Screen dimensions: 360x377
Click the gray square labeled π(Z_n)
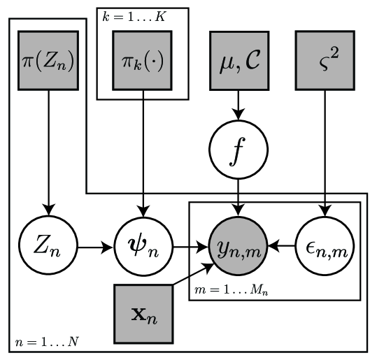pos(48,60)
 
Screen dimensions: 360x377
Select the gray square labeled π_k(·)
pos(143,60)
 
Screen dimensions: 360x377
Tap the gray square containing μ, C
pos(239,60)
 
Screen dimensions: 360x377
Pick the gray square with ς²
pos(324,60)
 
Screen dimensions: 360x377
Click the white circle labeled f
pos(239,151)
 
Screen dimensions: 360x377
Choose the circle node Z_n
pos(48,247)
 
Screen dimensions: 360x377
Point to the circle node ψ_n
pos(143,247)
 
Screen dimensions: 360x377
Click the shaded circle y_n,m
pos(239,247)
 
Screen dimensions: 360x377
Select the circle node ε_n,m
pos(324,247)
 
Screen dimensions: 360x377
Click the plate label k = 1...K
pos(131,15)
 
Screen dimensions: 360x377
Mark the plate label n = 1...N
pos(43,343)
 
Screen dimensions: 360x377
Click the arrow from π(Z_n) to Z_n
pos(48,154)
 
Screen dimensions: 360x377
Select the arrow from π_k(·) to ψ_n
pos(143,154)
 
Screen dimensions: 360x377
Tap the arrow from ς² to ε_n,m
pos(324,154)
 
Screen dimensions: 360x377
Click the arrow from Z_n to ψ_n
pos(95,247)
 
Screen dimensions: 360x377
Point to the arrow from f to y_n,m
pos(239,197)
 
